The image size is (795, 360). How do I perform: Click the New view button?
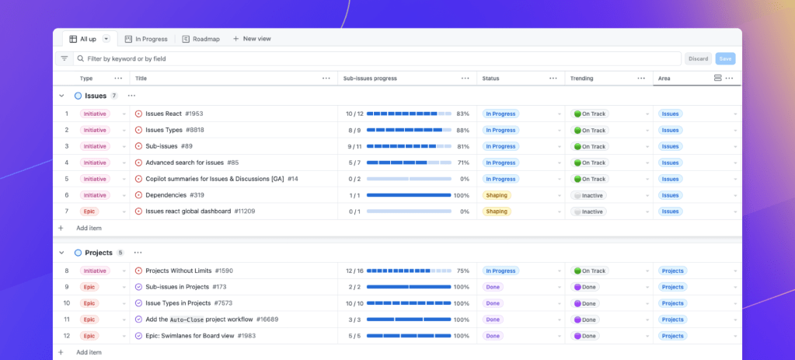252,39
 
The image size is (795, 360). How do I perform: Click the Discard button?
698,58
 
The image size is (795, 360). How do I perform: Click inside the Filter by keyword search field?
373,58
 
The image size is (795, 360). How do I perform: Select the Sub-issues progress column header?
370,79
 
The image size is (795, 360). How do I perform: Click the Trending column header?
581,79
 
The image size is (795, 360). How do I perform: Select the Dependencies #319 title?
174,195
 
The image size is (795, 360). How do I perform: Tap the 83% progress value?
462,114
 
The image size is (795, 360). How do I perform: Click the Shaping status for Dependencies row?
497,195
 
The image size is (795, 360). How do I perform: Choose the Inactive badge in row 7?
588,211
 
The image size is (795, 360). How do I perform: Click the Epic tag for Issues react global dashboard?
89,211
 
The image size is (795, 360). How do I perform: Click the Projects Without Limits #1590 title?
189,271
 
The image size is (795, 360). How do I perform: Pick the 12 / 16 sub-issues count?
354,271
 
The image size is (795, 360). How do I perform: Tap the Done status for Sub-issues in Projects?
493,287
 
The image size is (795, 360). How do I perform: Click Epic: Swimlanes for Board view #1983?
200,336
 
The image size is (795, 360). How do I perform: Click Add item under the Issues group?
89,228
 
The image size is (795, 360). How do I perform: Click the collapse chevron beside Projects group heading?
61,253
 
